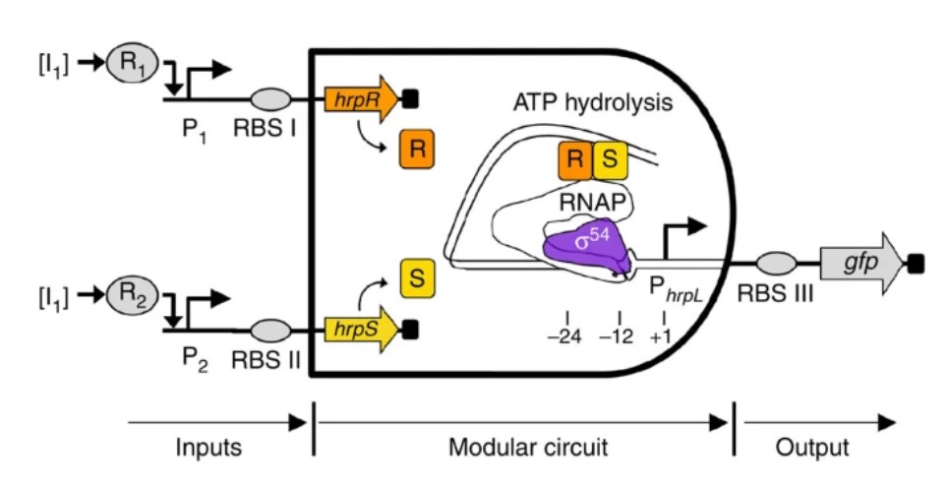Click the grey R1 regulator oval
133,63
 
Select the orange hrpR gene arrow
362,98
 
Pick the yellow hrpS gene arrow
362,330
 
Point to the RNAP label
592,203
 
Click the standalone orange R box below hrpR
417,149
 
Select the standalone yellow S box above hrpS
417,277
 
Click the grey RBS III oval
776,264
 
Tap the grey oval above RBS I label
270,98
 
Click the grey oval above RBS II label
270,331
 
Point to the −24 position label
564,336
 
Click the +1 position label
660,336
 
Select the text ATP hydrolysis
592,102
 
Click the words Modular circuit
528,448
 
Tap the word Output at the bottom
812,448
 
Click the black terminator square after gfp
916,264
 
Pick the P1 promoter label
195,131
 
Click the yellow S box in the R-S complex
610,160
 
